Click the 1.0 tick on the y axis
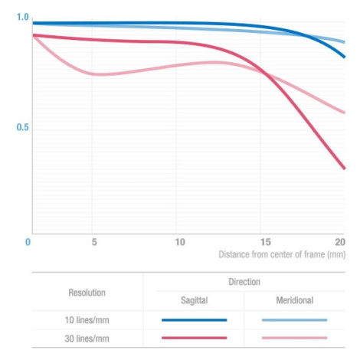[x=22, y=17]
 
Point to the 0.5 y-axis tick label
[x=22, y=127]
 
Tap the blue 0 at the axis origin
[x=28, y=242]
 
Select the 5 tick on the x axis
[x=94, y=242]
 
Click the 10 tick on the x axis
[x=180, y=242]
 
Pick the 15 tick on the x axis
[x=266, y=242]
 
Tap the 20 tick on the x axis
[x=340, y=242]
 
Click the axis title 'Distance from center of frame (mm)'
[x=282, y=254]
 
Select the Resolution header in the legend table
[x=87, y=293]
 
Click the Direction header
[x=244, y=282]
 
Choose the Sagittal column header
[x=195, y=300]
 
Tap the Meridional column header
[x=295, y=300]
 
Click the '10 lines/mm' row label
[x=87, y=320]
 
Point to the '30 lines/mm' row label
[x=87, y=339]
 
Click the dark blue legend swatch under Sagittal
[x=195, y=320]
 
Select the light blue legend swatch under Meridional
[x=295, y=320]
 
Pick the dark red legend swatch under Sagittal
[x=195, y=338]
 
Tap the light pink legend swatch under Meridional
[x=295, y=338]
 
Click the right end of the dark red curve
[x=345, y=169]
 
